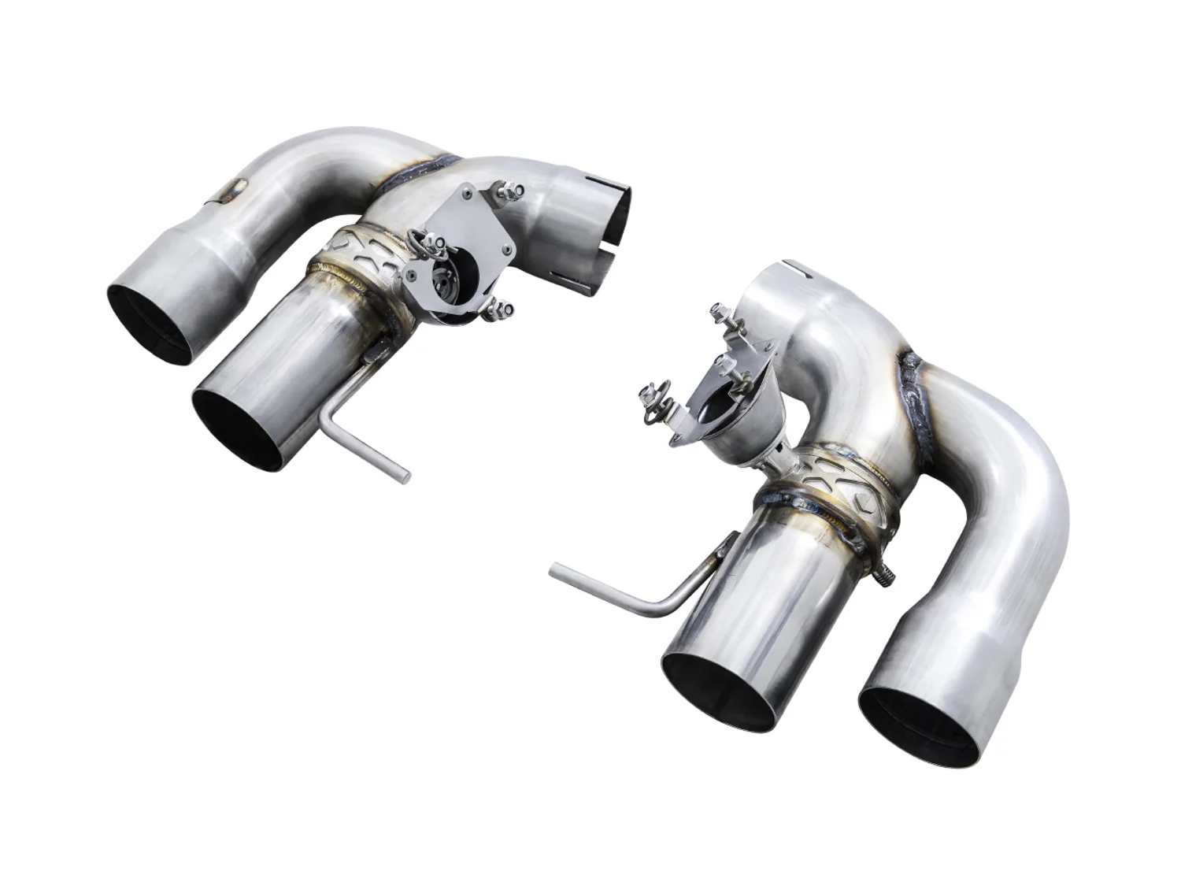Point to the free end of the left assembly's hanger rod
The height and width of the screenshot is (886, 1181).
[405, 476]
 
